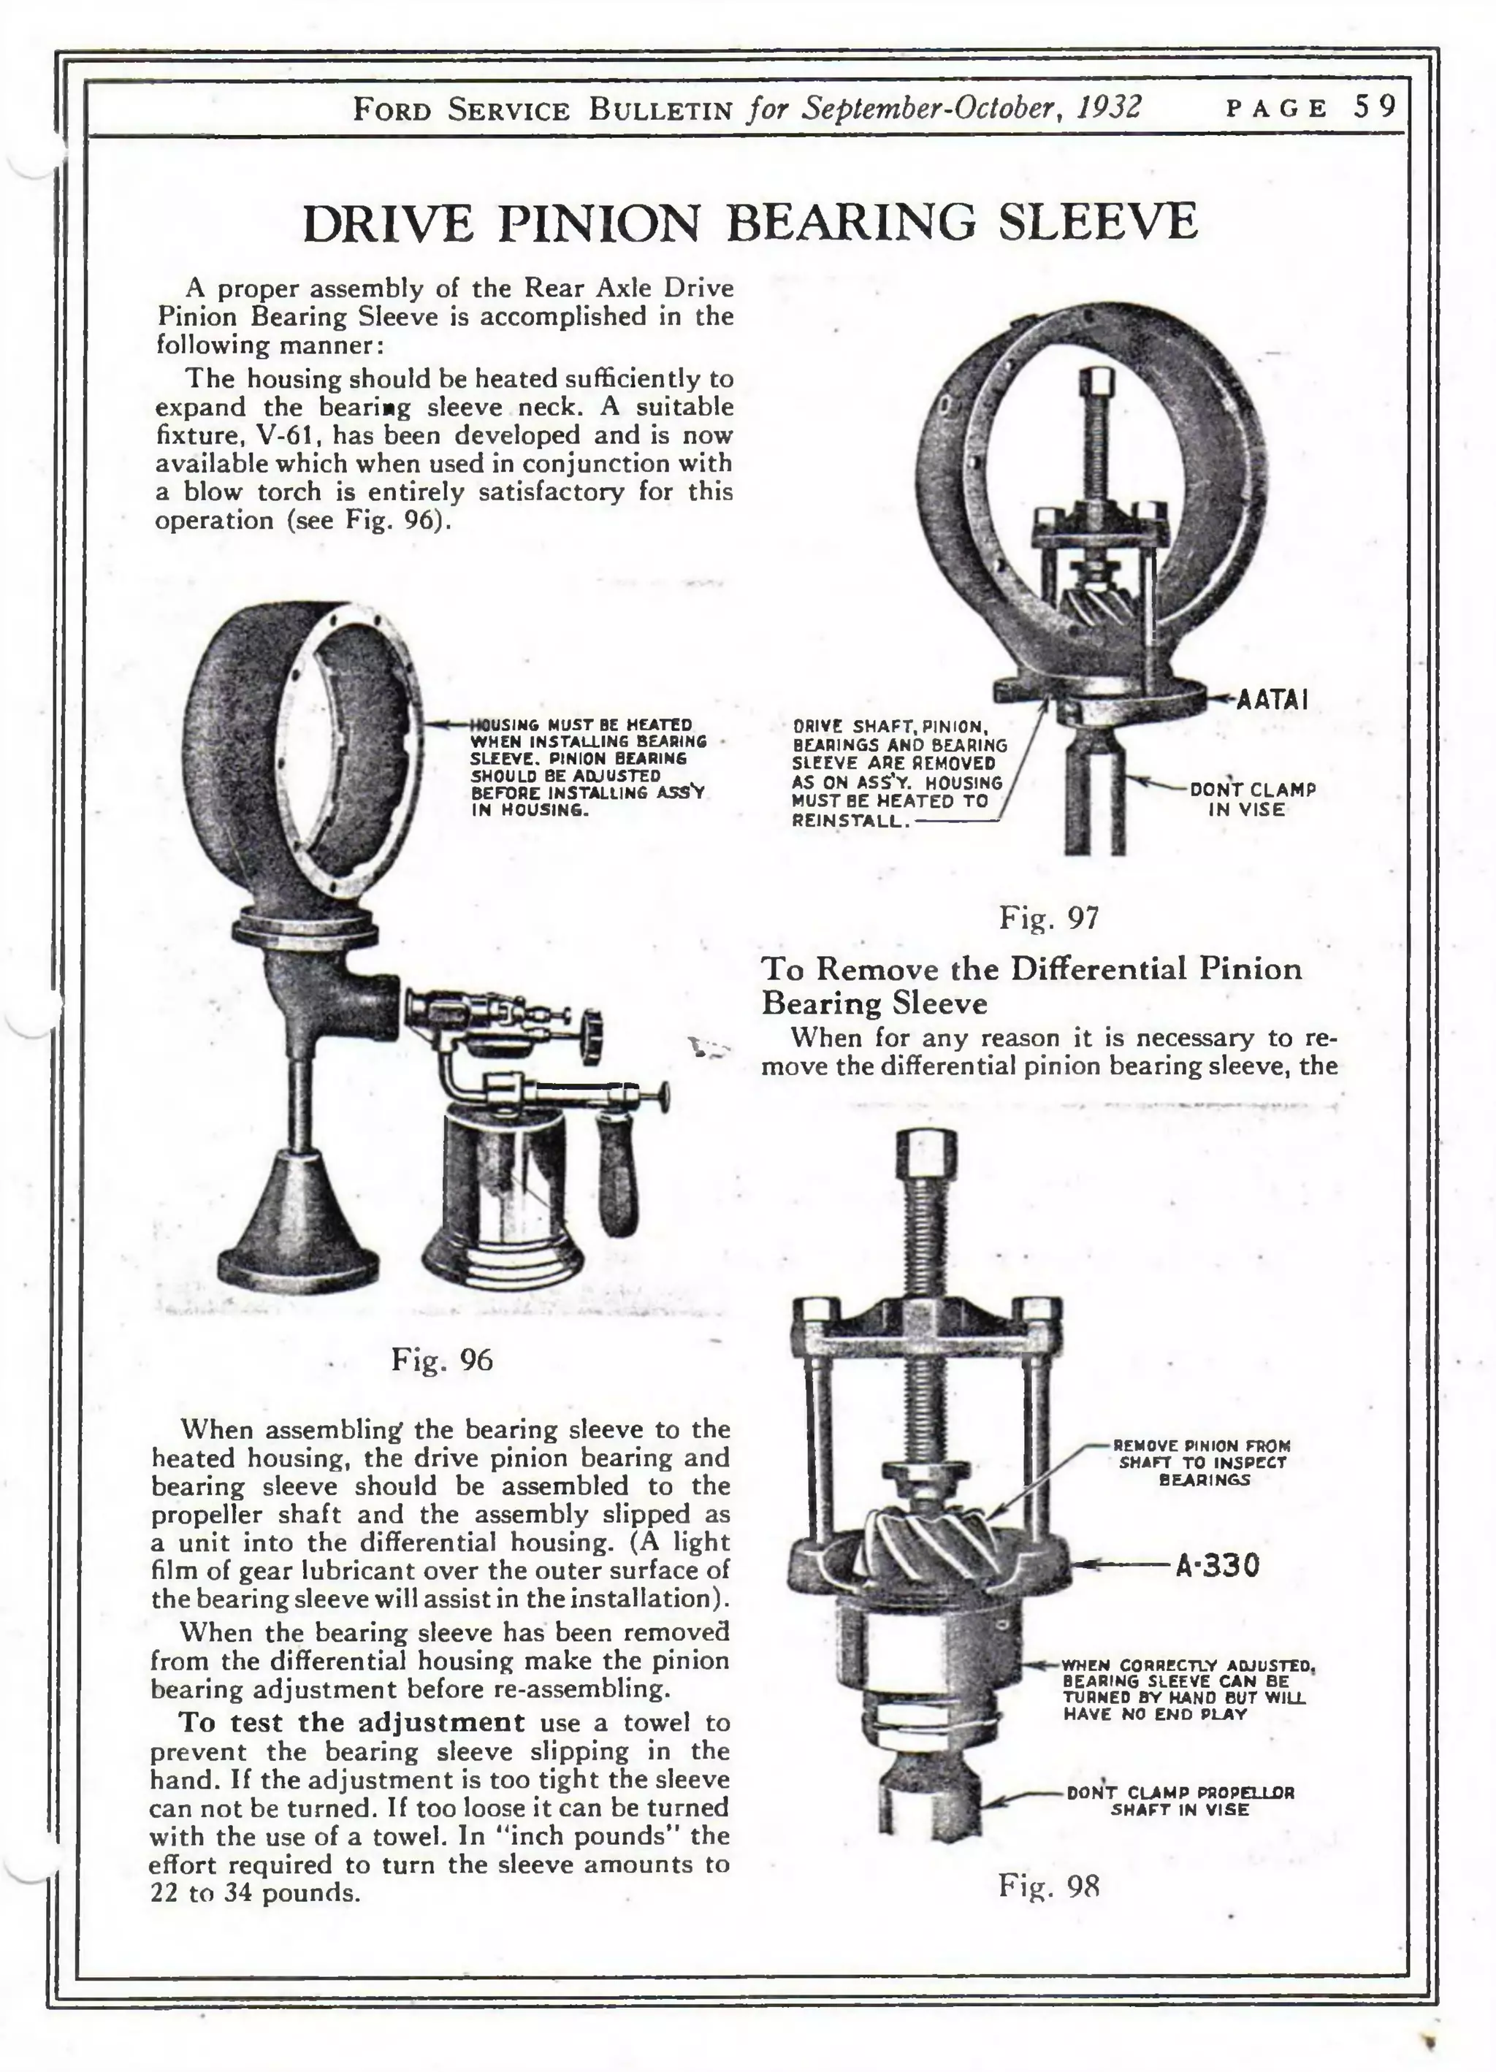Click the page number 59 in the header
(x=1375, y=108)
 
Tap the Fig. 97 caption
(x=1048, y=917)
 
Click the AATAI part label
(x=1271, y=700)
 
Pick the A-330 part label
(x=1217, y=1566)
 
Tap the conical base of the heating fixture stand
(x=299, y=1228)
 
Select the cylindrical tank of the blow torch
(x=494, y=1188)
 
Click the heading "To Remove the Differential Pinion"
(x=1031, y=968)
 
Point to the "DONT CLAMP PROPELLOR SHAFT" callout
(x=1180, y=1800)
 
